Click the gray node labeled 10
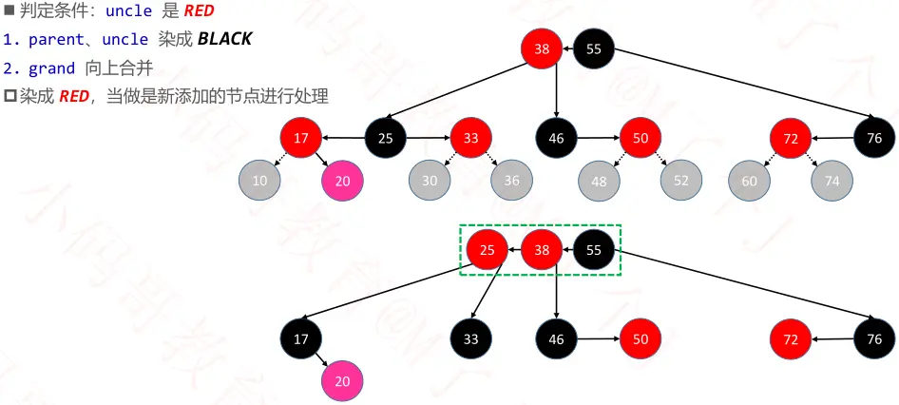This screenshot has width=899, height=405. pos(259,180)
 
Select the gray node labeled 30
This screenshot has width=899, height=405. pos(430,180)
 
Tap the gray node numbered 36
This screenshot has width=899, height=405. pos(512,180)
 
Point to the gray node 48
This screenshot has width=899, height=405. pos(598,180)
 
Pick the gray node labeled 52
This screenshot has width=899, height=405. pos(681,180)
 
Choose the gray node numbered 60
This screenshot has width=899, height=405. pos(750,180)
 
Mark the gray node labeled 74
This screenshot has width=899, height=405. pos(832,180)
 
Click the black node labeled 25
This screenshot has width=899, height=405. pos(386,138)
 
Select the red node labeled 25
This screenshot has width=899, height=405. pos(487,251)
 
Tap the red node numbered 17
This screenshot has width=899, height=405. pos(301,138)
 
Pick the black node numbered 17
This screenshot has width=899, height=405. pos(301,338)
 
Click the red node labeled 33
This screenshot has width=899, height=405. pos(471,138)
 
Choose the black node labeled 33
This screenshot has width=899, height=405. pos(471,338)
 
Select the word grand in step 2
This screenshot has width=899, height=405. pos(51,68)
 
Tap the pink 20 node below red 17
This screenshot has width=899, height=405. pos(342,180)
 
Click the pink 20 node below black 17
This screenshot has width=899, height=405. pos(342,380)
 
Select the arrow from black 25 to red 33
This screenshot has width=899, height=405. pos(429,138)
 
